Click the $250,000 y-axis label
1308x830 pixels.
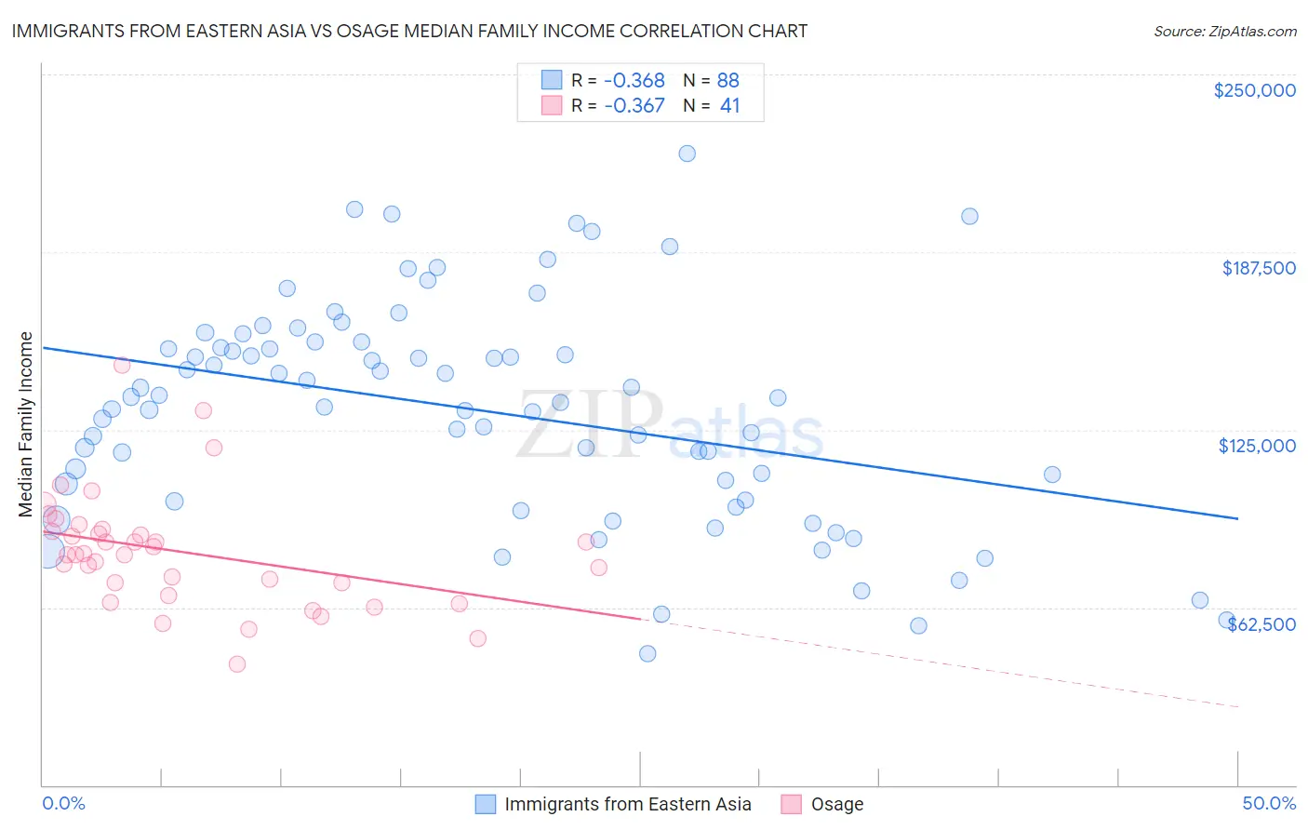[1254, 90]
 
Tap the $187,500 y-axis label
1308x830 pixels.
[1258, 268]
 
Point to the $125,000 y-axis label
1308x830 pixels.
[1257, 446]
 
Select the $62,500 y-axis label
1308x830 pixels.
[1261, 624]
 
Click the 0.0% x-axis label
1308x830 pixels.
[63, 803]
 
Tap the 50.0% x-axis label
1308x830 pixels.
[1269, 803]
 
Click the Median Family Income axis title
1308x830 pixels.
[25, 424]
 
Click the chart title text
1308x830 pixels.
[409, 31]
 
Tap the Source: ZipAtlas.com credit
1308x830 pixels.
[1224, 31]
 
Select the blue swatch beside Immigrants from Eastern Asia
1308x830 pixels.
[485, 804]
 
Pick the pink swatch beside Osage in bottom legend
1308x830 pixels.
[791, 804]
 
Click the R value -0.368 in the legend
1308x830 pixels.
[634, 80]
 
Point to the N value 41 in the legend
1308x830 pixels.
[729, 105]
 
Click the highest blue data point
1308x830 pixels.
[687, 154]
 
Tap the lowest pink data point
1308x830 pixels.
[237, 663]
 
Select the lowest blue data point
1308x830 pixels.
[647, 653]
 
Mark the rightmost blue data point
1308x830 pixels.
[1226, 621]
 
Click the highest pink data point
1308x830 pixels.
[122, 365]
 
